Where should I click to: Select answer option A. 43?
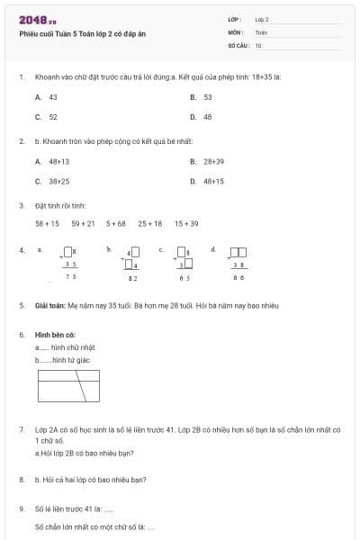(x=47, y=96)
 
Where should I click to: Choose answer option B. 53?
(x=202, y=96)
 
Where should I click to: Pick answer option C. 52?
(x=47, y=117)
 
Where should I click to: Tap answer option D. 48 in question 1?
(x=202, y=117)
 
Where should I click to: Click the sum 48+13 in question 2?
(x=53, y=161)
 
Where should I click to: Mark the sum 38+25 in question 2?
(x=53, y=181)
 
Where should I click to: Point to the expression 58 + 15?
(x=47, y=223)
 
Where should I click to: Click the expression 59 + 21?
(x=83, y=223)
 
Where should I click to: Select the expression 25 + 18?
(x=150, y=223)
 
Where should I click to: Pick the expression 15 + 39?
(x=186, y=223)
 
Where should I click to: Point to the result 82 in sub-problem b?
(x=132, y=279)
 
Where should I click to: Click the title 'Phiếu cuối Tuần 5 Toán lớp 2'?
(x=82, y=33)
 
